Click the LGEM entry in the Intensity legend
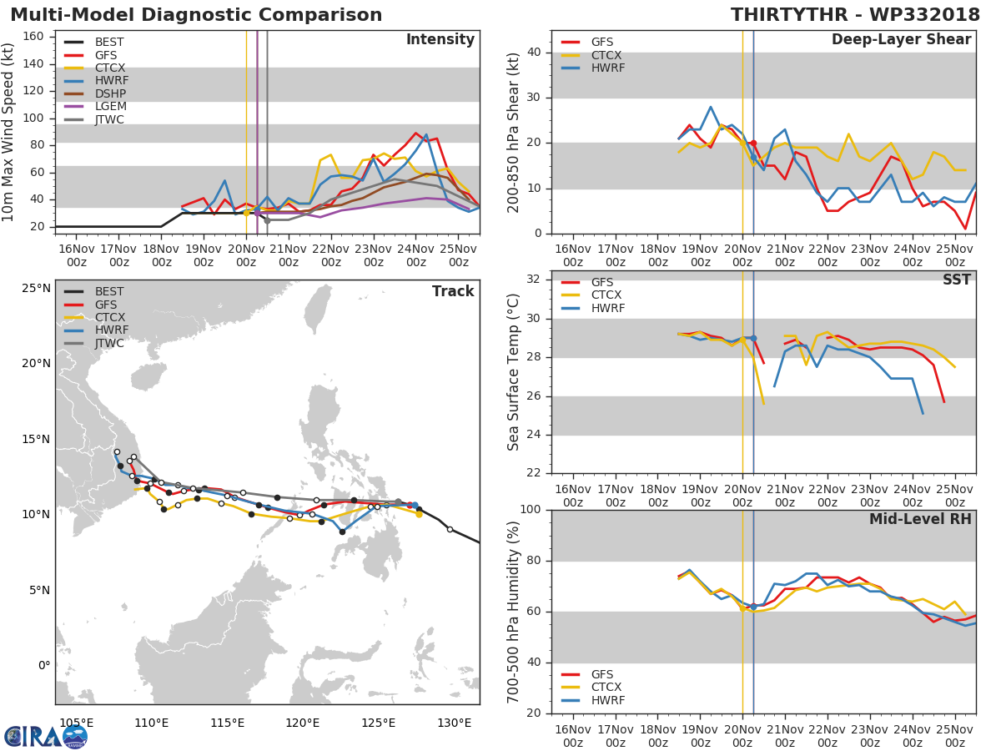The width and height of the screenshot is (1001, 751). (109, 107)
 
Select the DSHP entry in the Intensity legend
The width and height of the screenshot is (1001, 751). (110, 93)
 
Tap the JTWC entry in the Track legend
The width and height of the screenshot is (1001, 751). (110, 344)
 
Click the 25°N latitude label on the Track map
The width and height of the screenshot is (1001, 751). (35, 289)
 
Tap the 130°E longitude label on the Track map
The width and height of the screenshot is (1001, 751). (454, 723)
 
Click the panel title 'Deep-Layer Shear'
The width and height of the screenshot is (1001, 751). (901, 40)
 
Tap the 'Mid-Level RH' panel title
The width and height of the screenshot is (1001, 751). (920, 520)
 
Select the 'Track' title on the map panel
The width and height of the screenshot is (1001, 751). (452, 291)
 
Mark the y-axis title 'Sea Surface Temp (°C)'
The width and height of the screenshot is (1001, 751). (514, 372)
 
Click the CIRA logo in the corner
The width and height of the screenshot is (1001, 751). (46, 736)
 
